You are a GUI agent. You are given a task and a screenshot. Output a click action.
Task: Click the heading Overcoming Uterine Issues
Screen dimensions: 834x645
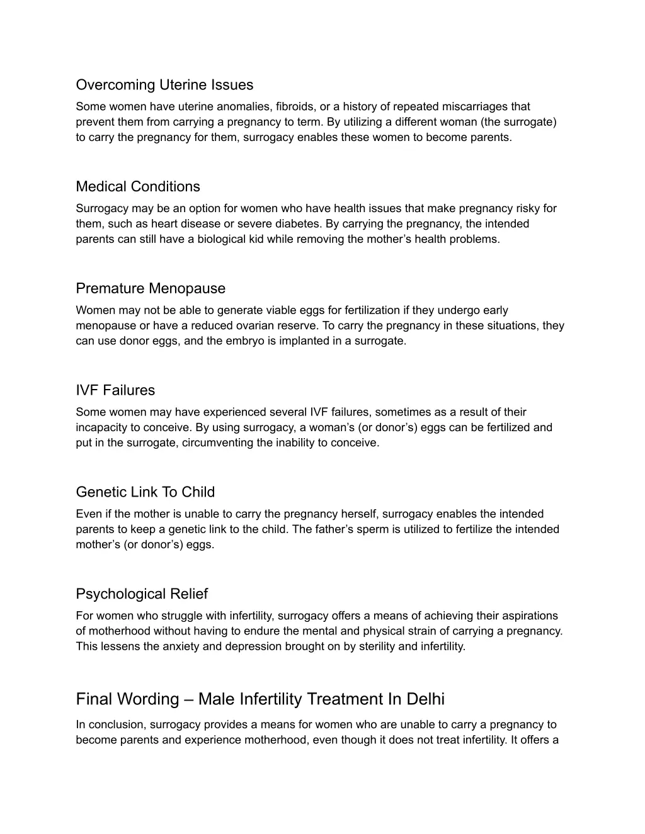point(164,85)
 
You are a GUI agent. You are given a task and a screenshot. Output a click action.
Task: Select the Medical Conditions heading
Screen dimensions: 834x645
point(138,187)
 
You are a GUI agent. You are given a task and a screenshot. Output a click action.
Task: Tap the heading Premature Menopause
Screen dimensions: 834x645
point(151,289)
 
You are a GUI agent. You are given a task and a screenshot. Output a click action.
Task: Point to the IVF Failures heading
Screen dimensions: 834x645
point(115,391)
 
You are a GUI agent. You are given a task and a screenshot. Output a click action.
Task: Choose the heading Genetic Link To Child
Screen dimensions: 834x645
point(146,493)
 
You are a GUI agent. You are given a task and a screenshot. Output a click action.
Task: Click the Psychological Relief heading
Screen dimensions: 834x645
point(142,595)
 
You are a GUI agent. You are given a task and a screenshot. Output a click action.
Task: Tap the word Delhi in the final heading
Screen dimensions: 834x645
point(426,699)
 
